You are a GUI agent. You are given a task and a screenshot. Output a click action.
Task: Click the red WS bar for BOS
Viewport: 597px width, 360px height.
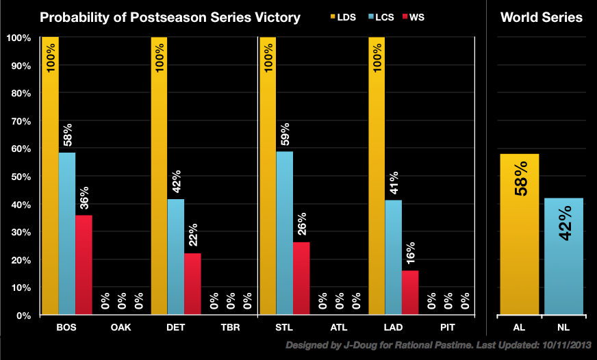[x=84, y=265]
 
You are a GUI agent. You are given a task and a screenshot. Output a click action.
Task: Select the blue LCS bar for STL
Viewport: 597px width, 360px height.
[x=284, y=233]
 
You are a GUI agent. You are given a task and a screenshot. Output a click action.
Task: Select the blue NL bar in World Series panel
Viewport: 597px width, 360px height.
[x=562, y=257]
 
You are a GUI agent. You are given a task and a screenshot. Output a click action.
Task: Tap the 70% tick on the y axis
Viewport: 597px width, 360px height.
[x=20, y=121]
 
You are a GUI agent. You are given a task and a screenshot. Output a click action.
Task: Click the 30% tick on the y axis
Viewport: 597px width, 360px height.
[x=20, y=233]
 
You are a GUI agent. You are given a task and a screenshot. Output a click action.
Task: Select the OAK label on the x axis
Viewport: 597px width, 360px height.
[x=121, y=328]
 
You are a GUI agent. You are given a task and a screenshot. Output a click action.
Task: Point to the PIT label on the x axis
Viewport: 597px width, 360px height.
[x=448, y=328]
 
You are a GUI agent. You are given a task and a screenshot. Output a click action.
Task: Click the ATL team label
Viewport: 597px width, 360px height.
[x=339, y=328]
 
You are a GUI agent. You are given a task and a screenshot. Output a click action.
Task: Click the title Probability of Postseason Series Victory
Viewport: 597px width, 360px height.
[x=170, y=17]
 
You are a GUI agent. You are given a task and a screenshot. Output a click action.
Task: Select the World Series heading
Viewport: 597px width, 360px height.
[x=542, y=17]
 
